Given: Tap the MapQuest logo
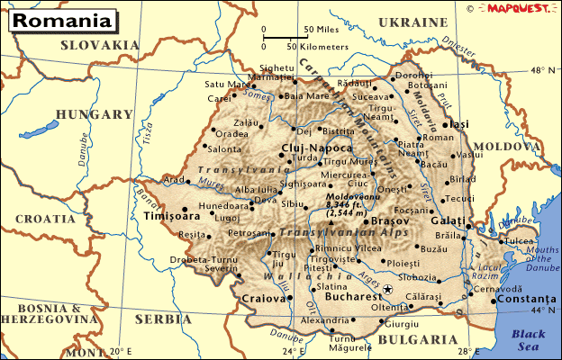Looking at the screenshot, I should click(x=517, y=8).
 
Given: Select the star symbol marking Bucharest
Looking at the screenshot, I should click(x=388, y=289).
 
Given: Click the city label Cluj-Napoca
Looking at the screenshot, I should click(x=316, y=147).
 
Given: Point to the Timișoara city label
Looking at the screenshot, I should click(x=171, y=216).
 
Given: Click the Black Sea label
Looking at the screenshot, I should click(x=529, y=339).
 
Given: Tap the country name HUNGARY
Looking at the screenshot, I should click(x=95, y=114).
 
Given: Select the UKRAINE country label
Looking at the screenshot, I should click(x=412, y=22).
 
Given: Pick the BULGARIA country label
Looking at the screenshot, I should click(x=417, y=339).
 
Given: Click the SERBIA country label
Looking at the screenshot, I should click(x=157, y=319).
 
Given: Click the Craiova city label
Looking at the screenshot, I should click(x=263, y=298).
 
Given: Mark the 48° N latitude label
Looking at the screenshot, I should click(x=544, y=69).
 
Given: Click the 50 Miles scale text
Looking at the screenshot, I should click(x=321, y=29).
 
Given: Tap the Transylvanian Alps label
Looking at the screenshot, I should click(x=331, y=232).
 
